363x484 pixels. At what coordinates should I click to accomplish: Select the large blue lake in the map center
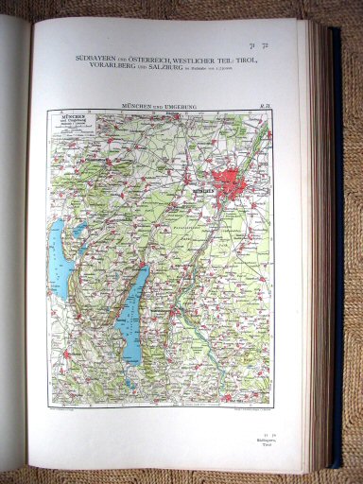[134, 312]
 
